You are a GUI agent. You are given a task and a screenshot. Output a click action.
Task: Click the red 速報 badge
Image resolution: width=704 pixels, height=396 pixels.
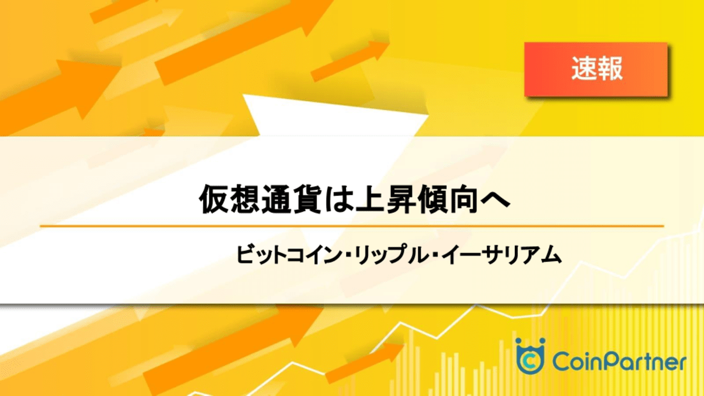(596, 69)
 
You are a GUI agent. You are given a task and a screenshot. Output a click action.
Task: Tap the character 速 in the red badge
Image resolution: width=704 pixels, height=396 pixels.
(584, 69)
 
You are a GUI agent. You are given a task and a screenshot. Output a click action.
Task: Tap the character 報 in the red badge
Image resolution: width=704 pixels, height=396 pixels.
(610, 69)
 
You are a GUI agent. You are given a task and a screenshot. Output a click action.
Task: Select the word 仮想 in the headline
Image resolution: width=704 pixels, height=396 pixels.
(230, 199)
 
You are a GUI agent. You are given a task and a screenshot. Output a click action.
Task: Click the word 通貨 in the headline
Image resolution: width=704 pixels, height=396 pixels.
(293, 199)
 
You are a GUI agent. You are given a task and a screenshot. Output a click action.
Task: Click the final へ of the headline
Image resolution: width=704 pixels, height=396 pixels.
(495, 199)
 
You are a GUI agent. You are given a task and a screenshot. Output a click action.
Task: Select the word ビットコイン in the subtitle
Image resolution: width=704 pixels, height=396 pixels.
(289, 254)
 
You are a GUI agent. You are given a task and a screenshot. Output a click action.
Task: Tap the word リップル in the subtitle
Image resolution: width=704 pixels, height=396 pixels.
(390, 254)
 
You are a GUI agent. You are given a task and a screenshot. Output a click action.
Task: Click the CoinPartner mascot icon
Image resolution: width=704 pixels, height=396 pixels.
(531, 356)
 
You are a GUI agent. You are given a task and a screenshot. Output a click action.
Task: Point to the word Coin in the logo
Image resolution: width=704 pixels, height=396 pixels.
(579, 362)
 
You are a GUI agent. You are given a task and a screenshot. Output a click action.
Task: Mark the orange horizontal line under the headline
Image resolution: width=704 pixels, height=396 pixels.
(351, 226)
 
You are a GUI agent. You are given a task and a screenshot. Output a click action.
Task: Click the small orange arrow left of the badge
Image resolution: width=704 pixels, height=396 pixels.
(350, 60)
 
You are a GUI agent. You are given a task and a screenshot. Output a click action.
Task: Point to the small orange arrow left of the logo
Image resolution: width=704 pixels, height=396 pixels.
(365, 363)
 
